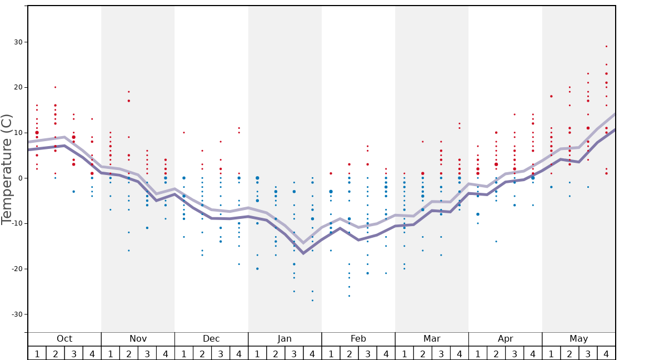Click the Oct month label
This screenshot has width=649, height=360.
click(64, 339)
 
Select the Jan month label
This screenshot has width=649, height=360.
click(284, 339)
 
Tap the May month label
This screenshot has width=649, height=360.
click(578, 339)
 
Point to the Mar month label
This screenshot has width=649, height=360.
click(432, 339)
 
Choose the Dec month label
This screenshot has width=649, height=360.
click(211, 339)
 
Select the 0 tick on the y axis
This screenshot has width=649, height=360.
click(20, 178)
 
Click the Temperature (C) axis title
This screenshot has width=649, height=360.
click(7, 169)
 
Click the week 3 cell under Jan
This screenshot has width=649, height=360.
click(294, 353)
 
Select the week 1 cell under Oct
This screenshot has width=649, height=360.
click(37, 353)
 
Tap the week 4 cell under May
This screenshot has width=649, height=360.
click(606, 353)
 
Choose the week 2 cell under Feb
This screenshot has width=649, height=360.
click(349, 353)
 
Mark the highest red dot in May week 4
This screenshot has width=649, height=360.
click(606, 46)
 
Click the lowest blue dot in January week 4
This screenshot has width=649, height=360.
click(312, 301)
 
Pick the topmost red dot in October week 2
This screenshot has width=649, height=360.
click(55, 87)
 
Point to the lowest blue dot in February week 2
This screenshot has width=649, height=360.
click(349, 296)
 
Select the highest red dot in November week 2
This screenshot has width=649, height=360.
click(128, 92)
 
